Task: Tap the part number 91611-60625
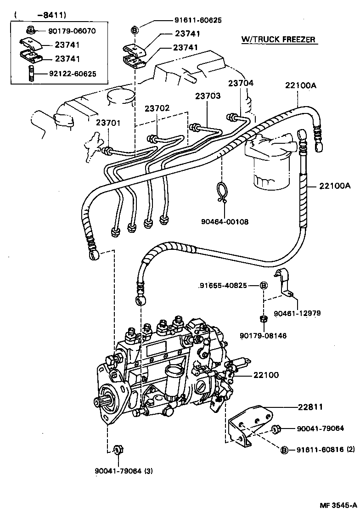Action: (197, 20)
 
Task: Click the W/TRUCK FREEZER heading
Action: (278, 39)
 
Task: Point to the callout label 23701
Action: (108, 123)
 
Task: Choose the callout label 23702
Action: (157, 108)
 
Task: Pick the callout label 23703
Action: (208, 96)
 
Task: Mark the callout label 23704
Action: (241, 83)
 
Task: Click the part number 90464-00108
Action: (225, 222)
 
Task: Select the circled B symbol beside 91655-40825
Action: (264, 285)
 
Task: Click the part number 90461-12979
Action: (297, 313)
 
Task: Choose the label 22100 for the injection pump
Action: (266, 375)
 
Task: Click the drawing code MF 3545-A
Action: (338, 505)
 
